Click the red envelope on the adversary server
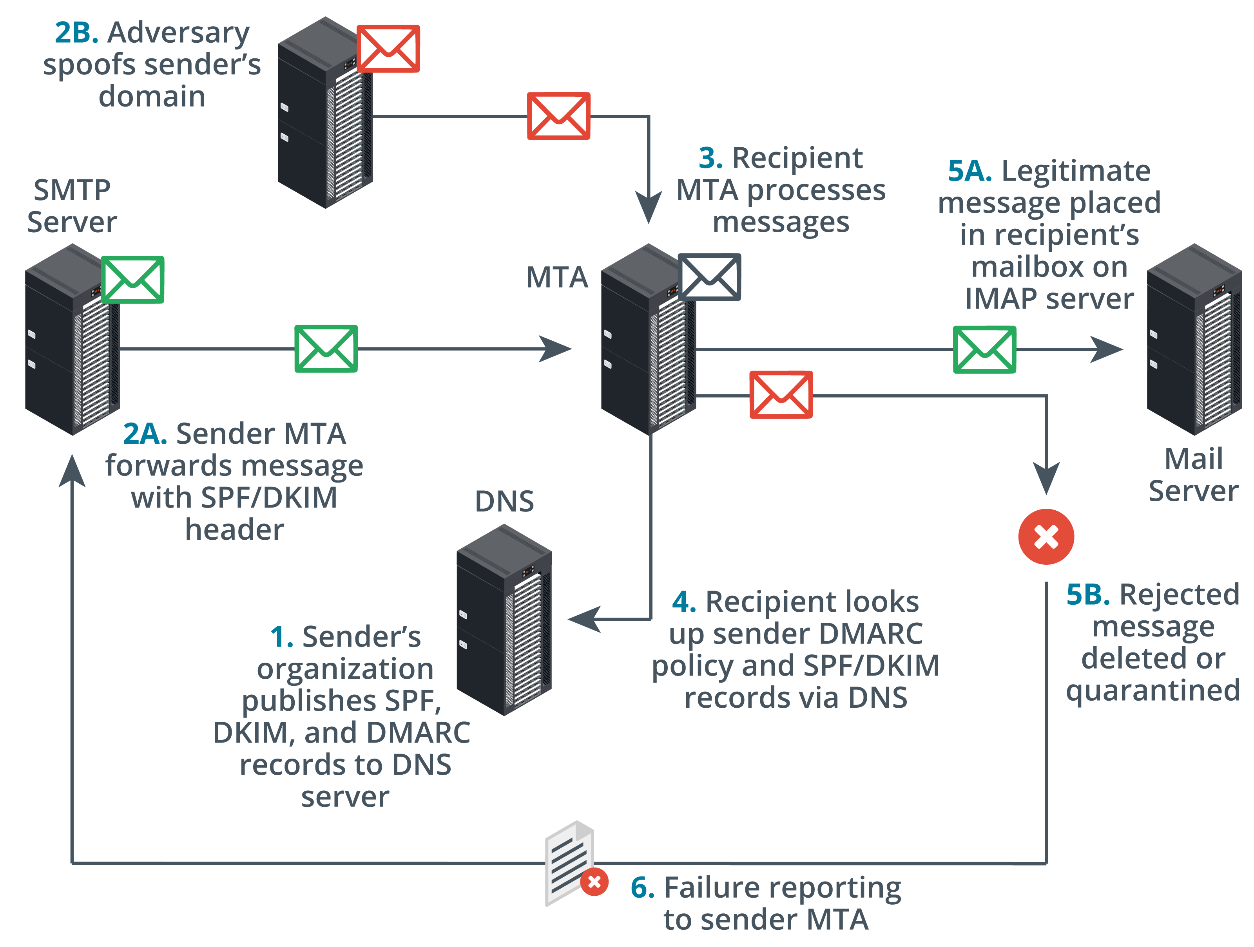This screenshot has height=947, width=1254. (388, 49)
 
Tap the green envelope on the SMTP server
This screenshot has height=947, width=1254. (133, 280)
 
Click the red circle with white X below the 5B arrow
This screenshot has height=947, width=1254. (1046, 537)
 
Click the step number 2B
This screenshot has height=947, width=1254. (76, 33)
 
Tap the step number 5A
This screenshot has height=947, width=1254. (970, 171)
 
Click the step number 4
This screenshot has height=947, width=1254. (684, 602)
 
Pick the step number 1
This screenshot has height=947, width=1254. (282, 637)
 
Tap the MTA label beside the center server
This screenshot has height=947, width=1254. (557, 278)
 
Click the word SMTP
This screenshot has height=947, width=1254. (72, 190)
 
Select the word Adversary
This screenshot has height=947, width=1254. (179, 33)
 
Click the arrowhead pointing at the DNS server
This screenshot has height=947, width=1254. (584, 619)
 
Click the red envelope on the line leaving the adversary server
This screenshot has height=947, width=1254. (558, 116)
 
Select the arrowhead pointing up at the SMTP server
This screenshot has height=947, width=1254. (72, 470)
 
